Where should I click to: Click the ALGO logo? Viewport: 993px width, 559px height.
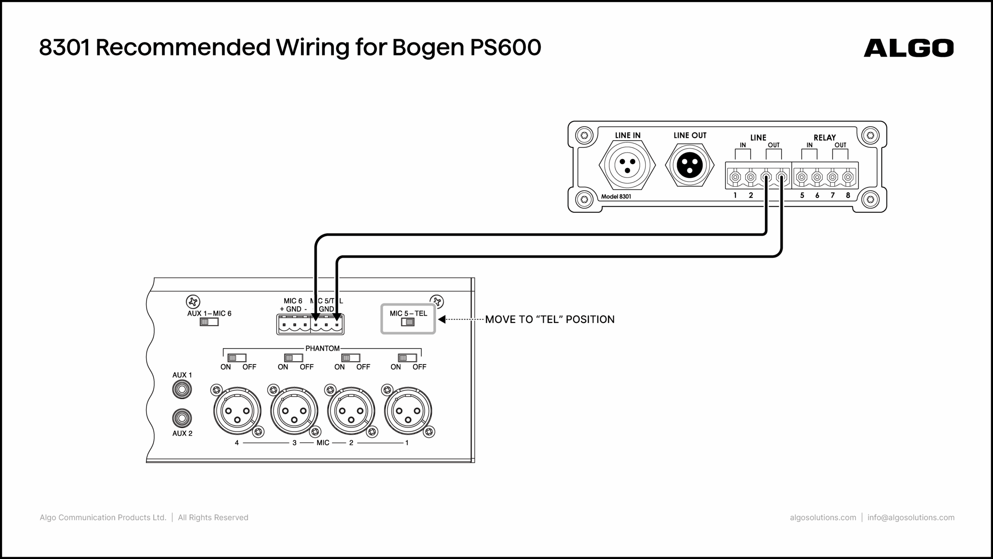click(908, 48)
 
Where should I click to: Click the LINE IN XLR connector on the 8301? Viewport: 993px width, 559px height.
click(627, 165)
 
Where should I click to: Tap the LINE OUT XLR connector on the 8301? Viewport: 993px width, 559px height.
click(690, 165)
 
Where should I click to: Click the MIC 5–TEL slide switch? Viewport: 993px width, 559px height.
click(408, 322)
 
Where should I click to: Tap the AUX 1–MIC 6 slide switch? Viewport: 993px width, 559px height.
click(209, 322)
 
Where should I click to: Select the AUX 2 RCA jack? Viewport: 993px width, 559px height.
click(182, 418)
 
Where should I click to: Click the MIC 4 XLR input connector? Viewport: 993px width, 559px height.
click(237, 411)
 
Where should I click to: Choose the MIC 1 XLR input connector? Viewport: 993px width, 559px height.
click(408, 411)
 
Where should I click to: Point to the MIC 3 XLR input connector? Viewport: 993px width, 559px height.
click(294, 411)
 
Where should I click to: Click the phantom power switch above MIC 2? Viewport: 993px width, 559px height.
click(350, 358)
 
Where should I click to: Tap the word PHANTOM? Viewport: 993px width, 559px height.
click(322, 349)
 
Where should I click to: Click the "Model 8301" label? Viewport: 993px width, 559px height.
click(616, 196)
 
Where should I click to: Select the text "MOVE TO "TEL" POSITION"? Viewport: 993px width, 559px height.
click(550, 319)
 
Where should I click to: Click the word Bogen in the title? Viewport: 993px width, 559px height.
click(428, 48)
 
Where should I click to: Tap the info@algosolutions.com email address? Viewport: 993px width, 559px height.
click(911, 517)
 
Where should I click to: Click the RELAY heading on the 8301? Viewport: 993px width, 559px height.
click(825, 137)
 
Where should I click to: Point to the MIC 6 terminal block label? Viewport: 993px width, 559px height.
click(293, 301)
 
